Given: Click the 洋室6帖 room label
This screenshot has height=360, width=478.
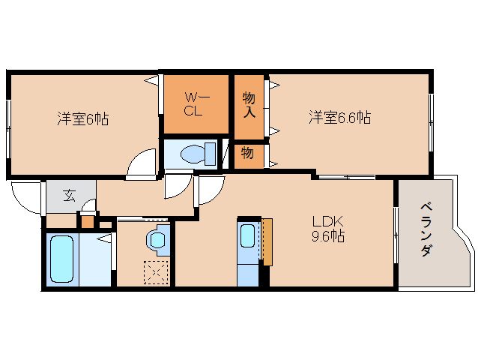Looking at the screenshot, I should point(83,118).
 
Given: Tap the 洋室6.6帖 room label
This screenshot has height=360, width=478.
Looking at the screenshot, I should point(340,118).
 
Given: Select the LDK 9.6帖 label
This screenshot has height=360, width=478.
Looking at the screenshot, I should point(328,229).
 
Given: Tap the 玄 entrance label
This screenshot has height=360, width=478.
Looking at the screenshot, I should point(69,196).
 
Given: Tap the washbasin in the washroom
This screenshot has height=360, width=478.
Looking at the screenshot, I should point(157,240).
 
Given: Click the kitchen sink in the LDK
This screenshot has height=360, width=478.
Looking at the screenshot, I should point(248,237).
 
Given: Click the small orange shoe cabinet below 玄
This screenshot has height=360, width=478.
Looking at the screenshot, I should point(88,221).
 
